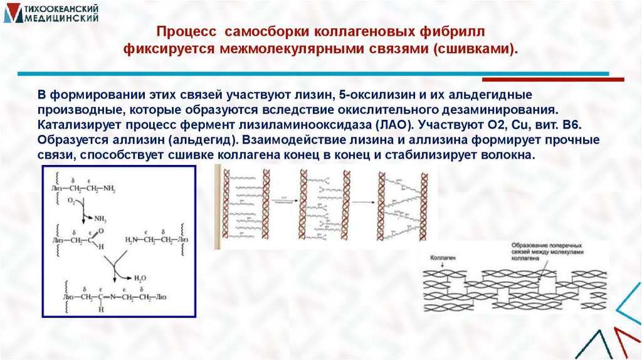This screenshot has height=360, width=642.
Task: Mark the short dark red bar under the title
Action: [552, 80]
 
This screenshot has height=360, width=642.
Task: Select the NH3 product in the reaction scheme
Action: [100, 219]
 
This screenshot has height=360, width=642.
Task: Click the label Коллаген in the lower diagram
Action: [443, 258]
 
